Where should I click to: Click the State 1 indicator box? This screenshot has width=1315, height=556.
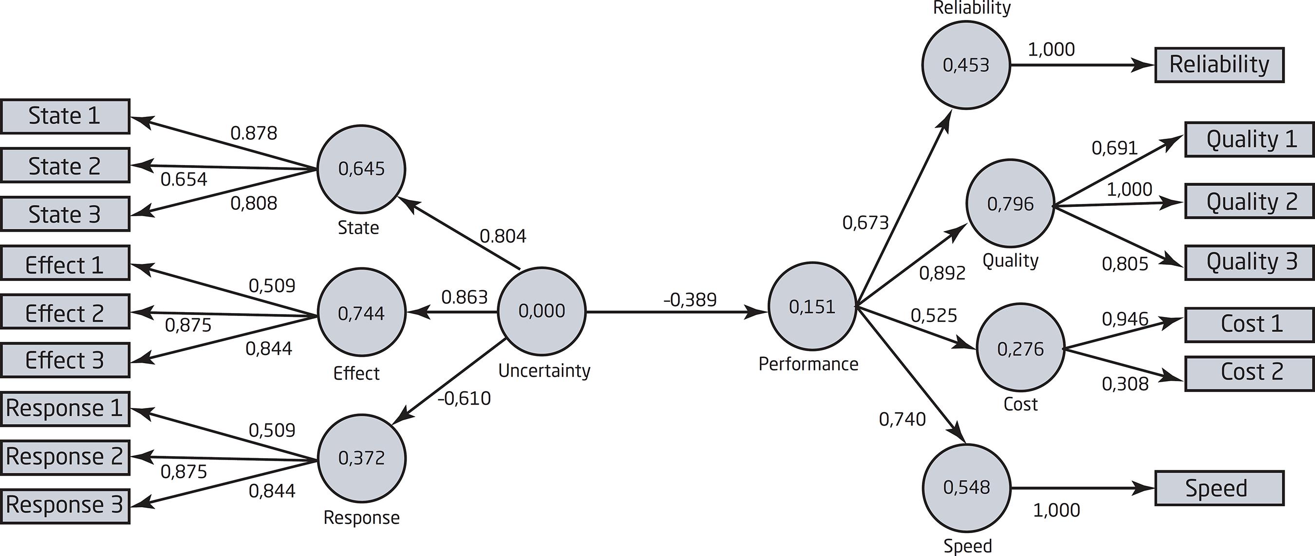(x=65, y=116)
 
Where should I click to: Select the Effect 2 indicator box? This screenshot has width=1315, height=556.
(x=65, y=312)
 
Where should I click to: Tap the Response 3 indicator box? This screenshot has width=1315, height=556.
(x=65, y=505)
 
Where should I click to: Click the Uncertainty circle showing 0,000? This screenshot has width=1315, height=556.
(x=542, y=311)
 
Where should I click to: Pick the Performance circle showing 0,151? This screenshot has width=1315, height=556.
(x=812, y=307)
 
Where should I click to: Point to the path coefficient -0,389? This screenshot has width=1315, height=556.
(x=690, y=300)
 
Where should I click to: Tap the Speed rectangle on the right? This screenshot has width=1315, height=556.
(x=1219, y=488)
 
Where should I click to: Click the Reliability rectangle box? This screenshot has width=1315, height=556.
(x=1219, y=65)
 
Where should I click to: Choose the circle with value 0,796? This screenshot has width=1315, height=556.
(x=1010, y=204)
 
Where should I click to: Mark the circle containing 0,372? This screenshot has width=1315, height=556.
(x=361, y=458)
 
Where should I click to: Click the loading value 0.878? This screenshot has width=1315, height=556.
(x=254, y=133)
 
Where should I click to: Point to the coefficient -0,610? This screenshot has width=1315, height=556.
(x=464, y=398)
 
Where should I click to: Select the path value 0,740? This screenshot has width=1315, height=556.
(x=902, y=419)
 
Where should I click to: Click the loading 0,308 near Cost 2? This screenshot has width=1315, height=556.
(x=1125, y=384)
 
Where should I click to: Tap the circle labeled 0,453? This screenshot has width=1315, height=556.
(x=966, y=65)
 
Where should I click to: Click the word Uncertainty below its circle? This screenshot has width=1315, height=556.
(x=544, y=371)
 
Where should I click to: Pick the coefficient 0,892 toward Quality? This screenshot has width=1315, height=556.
(x=942, y=273)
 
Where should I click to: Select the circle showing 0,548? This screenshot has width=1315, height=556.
(x=966, y=488)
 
